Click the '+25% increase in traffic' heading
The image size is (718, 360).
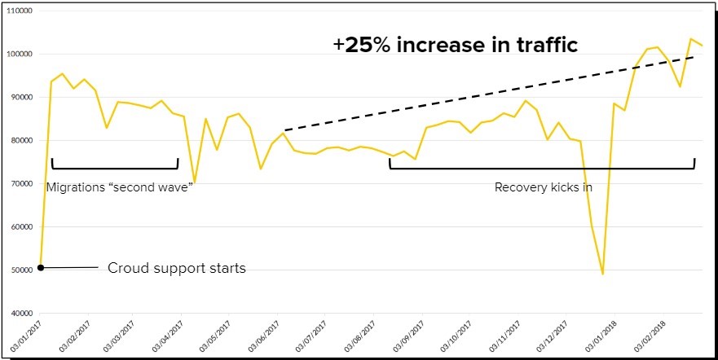click(x=455, y=45)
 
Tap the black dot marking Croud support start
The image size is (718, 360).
click(x=41, y=267)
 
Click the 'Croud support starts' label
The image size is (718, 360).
click(x=176, y=267)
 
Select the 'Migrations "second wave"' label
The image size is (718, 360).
click(x=118, y=187)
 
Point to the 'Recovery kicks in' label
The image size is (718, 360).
click(x=543, y=187)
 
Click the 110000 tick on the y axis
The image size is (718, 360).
click(x=20, y=11)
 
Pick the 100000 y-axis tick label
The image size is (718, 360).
click(x=20, y=54)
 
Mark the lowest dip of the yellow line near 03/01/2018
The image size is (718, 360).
click(x=603, y=274)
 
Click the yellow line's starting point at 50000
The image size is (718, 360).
click(x=41, y=267)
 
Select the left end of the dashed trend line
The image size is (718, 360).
click(x=284, y=130)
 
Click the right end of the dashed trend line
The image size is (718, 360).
click(x=694, y=57)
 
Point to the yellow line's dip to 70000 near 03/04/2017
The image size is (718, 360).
click(x=194, y=182)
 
